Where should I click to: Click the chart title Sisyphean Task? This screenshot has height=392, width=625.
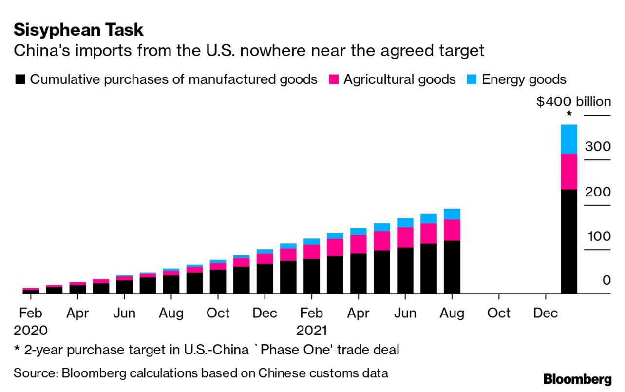coord(78,30)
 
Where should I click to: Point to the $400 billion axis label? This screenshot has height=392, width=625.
coord(573,102)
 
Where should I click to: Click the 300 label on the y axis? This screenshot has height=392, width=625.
coord(597,147)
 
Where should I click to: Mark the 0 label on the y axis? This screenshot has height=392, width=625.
coord(606,280)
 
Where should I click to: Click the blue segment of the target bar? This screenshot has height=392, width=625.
coord(569,139)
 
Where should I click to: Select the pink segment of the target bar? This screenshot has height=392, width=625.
coord(569,171)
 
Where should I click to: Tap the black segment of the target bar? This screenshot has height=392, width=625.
coord(569,241)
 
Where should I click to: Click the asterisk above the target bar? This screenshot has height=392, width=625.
coord(569,116)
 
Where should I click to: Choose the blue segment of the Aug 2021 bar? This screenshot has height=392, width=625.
coord(452,214)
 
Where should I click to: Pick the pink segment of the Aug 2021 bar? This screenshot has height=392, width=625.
coord(452,230)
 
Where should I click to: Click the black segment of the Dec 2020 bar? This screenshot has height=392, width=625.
coord(265,278)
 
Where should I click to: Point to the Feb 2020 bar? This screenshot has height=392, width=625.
coord(31,291)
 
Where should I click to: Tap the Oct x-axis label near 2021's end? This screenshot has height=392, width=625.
coord(498,313)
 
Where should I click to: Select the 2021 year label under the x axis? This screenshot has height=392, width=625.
coord(312,331)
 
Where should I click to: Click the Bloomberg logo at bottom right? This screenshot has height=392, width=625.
coord(577,379)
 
